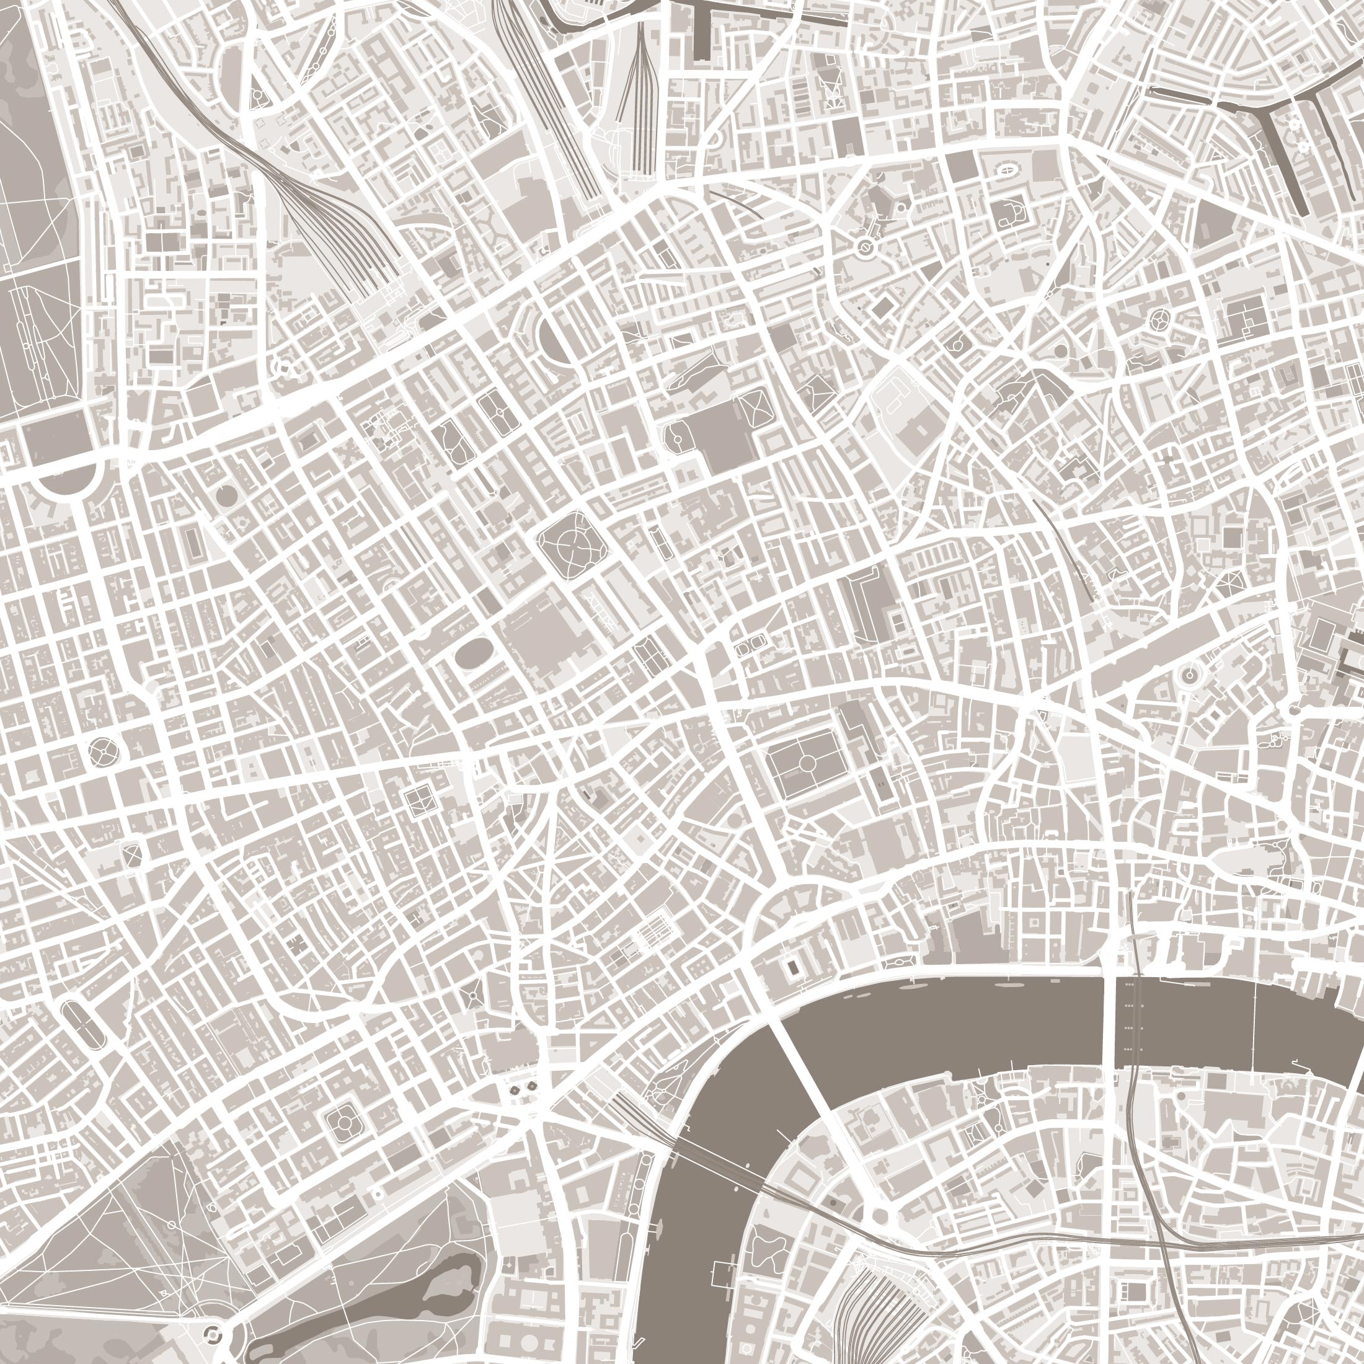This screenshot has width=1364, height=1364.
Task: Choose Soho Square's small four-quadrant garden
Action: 418,799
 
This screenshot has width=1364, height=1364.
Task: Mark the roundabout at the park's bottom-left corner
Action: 213,1333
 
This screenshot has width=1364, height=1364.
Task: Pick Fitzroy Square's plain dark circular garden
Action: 226,495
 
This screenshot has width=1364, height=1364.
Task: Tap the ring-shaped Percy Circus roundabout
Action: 865,247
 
